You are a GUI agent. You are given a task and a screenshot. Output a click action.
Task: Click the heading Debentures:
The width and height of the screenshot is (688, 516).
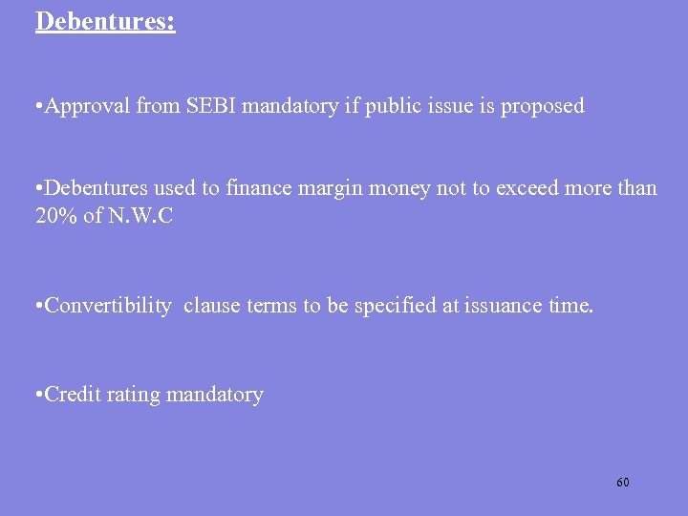[x=105, y=20]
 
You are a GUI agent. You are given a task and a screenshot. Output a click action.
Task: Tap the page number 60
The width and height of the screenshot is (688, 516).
[x=623, y=483]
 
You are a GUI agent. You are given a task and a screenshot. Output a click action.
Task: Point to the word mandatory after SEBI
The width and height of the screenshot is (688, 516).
[x=290, y=106]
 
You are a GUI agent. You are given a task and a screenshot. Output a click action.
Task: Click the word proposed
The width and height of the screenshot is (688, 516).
[x=541, y=106]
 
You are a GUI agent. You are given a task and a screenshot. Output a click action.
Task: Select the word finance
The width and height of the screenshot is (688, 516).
[x=259, y=188]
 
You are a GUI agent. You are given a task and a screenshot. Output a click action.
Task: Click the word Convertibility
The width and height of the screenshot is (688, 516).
[x=108, y=306]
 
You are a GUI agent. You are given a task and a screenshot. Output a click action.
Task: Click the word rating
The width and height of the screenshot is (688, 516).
[x=135, y=394]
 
